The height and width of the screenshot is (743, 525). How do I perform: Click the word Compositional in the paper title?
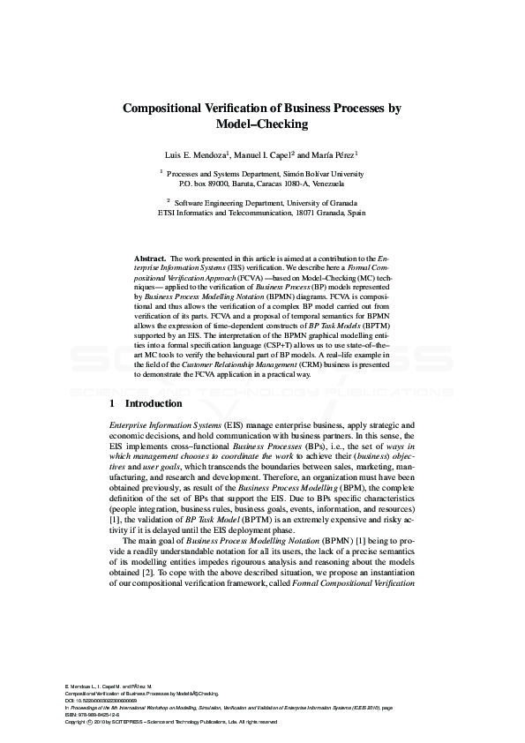click(162, 109)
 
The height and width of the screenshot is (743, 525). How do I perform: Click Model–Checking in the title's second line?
click(262, 124)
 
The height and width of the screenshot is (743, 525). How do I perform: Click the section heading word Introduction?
click(154, 403)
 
